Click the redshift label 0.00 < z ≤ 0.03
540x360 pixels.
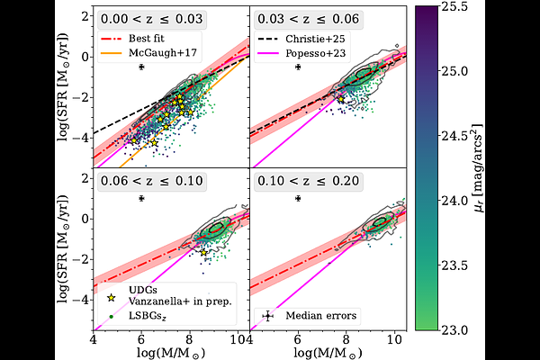(151, 19)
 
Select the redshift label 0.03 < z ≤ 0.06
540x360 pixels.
(308, 19)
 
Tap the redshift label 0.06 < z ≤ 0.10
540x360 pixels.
(151, 181)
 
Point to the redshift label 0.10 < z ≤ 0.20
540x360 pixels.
(308, 181)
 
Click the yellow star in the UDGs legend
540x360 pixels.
(111, 298)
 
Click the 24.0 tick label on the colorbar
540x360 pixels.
(455, 201)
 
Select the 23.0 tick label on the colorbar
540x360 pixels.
(455, 330)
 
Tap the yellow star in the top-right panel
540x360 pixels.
(341, 100)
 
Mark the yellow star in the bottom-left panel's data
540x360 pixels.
(204, 253)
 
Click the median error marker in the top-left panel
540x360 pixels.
(141, 67)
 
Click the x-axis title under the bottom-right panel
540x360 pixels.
(328, 353)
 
